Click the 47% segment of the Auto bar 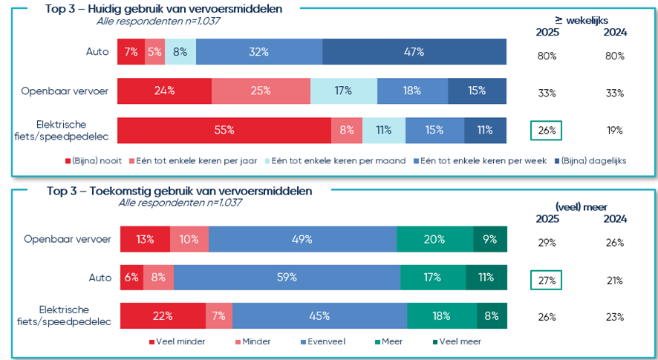(414, 52)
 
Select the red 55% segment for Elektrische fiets (224, 130)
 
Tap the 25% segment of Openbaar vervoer (261, 91)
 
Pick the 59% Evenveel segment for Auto (287, 278)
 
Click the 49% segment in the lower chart (302, 239)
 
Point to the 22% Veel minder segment (163, 315)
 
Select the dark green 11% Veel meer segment (486, 278)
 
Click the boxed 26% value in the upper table (546, 131)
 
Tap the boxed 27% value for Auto (546, 281)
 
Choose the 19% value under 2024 (615, 131)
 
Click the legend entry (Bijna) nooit (96, 160)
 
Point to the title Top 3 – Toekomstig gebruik (179, 191)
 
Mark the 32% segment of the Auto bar (259, 52)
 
